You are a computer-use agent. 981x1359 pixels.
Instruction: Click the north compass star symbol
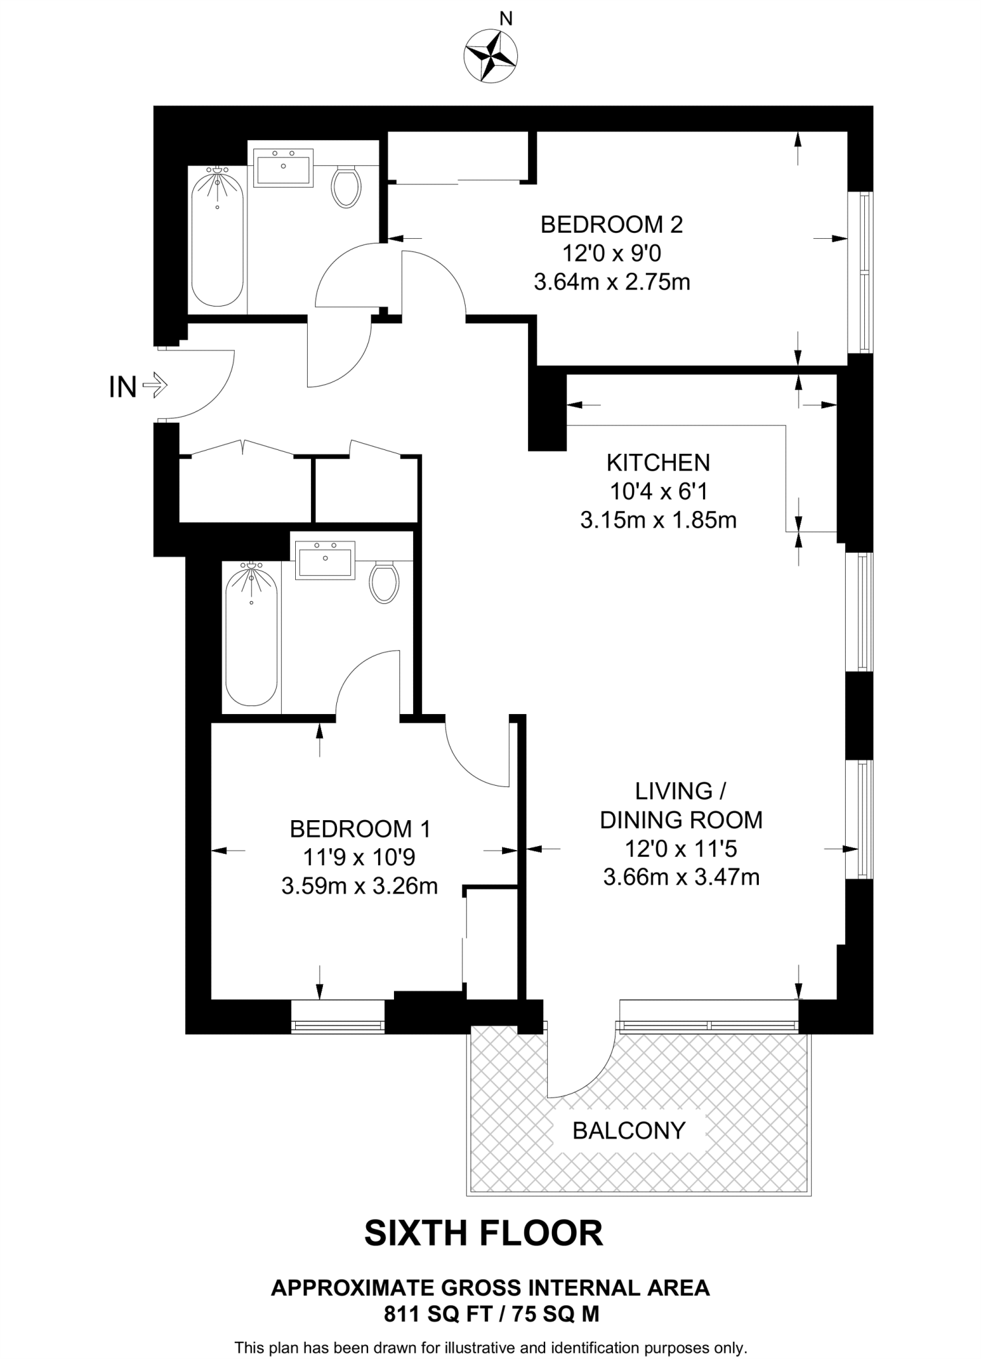coord(491,56)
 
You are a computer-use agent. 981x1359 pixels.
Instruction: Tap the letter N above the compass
coord(506,19)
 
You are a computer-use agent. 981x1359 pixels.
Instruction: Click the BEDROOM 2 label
coord(611,225)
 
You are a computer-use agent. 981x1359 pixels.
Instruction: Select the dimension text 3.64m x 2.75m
coord(612,283)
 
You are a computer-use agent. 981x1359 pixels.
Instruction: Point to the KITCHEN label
coord(658,463)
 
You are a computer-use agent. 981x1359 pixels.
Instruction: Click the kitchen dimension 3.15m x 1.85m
coord(658,520)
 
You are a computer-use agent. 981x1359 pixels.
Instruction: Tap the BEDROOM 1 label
coord(360,829)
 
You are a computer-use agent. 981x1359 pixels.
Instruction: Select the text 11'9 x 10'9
coord(359,857)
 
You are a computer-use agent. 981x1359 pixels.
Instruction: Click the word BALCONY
coord(628,1130)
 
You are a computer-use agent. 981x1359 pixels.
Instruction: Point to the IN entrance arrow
coord(155,385)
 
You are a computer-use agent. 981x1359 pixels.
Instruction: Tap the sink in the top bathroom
coord(283,167)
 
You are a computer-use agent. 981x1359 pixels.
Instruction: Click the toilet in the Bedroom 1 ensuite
coord(383,581)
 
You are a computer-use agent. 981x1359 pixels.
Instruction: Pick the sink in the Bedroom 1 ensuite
coord(325,559)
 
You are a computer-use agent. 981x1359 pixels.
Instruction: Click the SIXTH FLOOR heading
coord(484,1233)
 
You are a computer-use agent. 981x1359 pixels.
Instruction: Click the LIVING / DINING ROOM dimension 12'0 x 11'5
coord(681,849)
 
